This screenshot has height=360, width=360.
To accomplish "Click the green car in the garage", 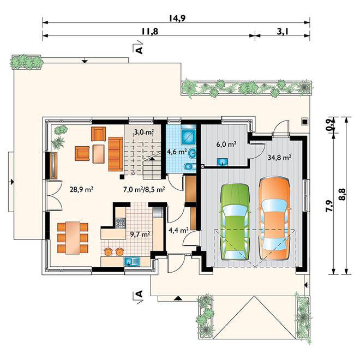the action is [235, 222].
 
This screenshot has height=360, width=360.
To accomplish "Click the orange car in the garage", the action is [274, 218].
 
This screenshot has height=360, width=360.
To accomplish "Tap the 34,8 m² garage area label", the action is [279, 158].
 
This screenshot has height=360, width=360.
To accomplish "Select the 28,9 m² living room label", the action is [81, 189].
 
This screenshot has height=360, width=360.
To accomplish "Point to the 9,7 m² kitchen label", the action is [140, 235].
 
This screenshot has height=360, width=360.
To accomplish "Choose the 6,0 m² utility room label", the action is [226, 145].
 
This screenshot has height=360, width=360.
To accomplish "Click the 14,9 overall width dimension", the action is [177, 19].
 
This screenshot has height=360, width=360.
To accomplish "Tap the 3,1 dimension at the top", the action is [283, 32].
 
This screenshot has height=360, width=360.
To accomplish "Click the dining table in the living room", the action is [73, 238].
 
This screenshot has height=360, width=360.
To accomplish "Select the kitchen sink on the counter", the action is [132, 261].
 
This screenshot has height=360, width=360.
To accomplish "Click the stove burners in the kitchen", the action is [121, 223].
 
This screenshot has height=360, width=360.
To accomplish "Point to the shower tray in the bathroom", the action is [189, 136].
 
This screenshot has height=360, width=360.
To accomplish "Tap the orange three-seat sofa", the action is [116, 154].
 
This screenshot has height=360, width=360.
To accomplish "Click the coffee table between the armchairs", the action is [99, 154].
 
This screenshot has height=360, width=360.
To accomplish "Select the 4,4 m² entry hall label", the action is [178, 230].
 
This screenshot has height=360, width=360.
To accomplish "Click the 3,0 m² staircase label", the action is [143, 132].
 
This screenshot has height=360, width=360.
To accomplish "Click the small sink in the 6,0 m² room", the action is [222, 161].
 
